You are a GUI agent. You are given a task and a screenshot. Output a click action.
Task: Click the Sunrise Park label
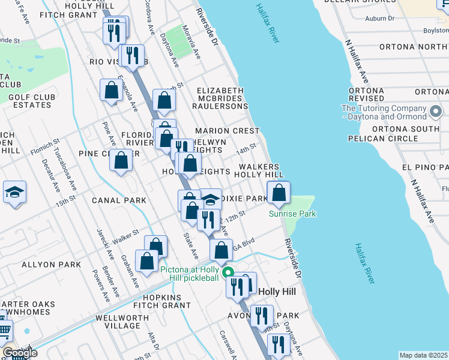point(292,214)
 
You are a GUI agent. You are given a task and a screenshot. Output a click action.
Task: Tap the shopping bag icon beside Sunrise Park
point(279,193)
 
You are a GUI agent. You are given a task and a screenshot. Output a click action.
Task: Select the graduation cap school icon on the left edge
point(14,193)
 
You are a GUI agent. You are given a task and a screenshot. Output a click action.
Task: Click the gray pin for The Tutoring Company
point(436,112)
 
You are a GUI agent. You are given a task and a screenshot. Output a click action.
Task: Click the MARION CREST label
point(228,131)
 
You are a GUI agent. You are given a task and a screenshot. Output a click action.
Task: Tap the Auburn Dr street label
point(379,19)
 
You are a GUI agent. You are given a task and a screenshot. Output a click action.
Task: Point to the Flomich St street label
point(45,146)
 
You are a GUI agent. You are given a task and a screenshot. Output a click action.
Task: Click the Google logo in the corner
point(19,353)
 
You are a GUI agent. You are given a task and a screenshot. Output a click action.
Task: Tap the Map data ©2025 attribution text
point(423,355)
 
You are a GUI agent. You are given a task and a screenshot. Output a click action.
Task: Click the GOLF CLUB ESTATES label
point(31,101)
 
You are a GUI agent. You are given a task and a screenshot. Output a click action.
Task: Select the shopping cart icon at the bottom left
point(4,329)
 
